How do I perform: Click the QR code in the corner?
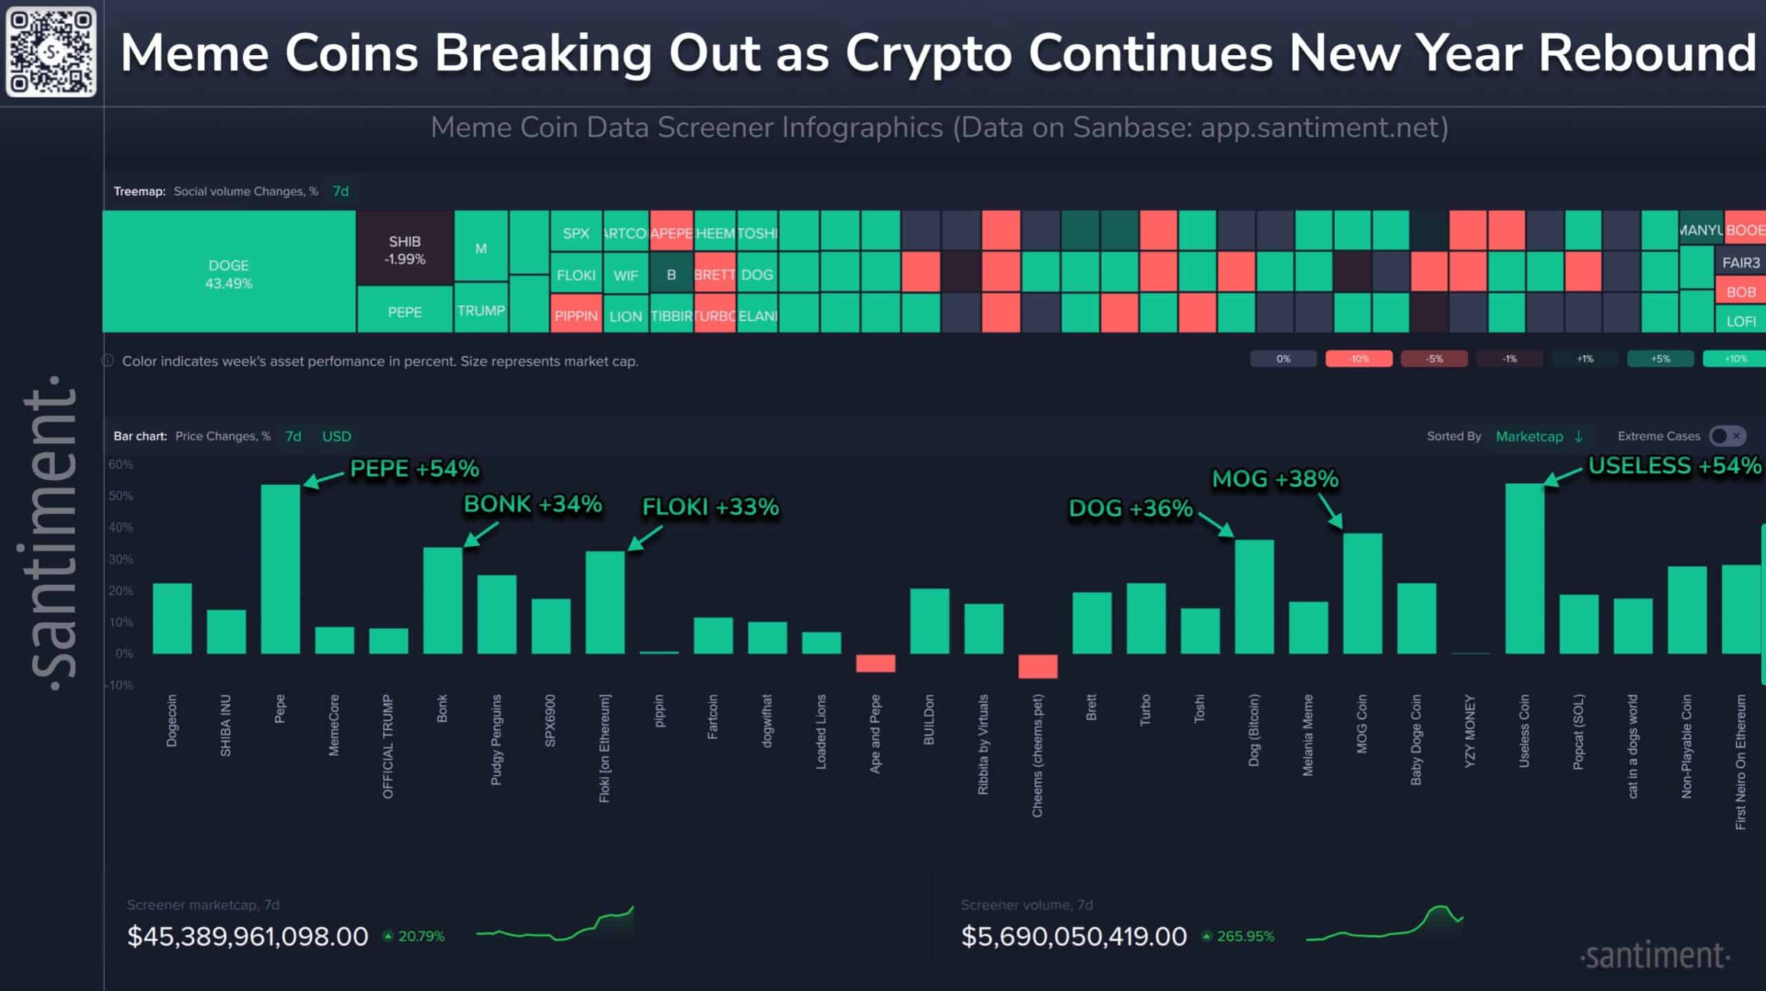[51, 52]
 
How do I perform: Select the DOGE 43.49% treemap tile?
[229, 272]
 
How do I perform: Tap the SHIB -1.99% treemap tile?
[404, 249]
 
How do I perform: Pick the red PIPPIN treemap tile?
[576, 315]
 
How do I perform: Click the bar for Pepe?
[280, 569]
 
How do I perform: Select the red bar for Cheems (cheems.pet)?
[1038, 666]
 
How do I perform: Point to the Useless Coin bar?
[1525, 569]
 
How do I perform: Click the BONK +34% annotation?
[533, 504]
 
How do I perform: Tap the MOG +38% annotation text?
[1275, 479]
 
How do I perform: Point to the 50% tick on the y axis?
[121, 496]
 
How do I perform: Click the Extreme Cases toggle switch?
[1727, 436]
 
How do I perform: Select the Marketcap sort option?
[1529, 437]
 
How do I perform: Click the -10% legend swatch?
[1358, 359]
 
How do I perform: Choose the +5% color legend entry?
[1660, 359]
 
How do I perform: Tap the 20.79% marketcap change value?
[421, 936]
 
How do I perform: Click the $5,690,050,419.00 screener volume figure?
[1073, 936]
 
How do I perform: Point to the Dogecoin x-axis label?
[172, 720]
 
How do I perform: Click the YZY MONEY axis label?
[1470, 730]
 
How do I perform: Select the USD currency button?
[337, 437]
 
